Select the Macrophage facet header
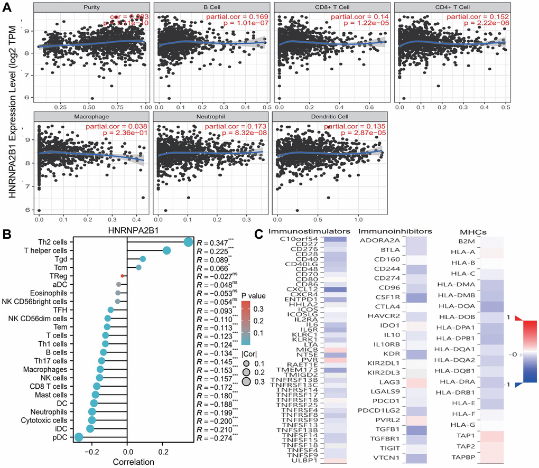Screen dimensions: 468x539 pos(91,115)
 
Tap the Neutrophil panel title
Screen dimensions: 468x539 pos(210,115)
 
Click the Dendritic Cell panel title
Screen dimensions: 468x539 pos(328,115)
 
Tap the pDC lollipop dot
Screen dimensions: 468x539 pos(79,437)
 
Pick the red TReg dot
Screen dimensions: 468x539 pos(123,276)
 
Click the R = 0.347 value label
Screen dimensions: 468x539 pos(211,242)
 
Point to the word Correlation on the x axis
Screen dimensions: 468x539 pos(127,462)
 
